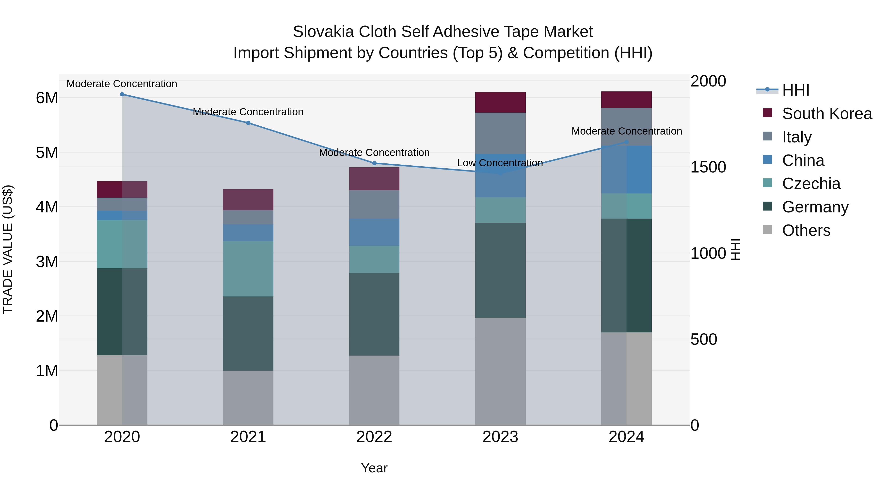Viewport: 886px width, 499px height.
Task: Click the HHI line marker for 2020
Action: pos(122,94)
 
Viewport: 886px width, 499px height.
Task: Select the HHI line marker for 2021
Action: pos(248,123)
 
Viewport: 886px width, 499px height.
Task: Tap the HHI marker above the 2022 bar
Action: pos(374,163)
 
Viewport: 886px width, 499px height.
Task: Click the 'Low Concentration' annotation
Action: pos(500,163)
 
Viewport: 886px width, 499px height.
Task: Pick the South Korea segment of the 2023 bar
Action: pos(500,103)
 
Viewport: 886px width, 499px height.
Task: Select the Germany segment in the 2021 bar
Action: pos(248,333)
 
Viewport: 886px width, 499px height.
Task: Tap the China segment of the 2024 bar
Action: pos(626,170)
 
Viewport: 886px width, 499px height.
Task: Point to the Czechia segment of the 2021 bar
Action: pos(248,269)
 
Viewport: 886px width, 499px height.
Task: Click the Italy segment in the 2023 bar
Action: pos(500,133)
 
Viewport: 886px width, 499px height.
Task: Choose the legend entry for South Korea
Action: pos(827,114)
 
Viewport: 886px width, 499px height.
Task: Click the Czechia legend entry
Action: pos(811,184)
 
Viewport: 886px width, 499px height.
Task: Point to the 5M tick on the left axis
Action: pos(47,153)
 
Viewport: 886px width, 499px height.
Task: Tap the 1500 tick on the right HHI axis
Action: pos(708,167)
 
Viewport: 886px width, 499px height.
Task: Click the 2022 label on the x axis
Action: pos(374,437)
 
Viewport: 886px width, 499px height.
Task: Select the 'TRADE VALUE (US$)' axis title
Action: pos(8,249)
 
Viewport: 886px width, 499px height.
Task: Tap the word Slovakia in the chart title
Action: pos(323,32)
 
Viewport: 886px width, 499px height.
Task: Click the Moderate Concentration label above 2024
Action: pos(626,131)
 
